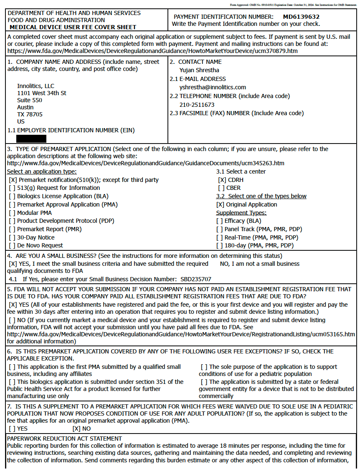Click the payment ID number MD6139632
(x=301, y=17)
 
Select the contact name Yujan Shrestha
(x=199, y=70)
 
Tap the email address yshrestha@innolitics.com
(x=213, y=87)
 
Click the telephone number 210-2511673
(x=197, y=105)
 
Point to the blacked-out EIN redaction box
(x=31, y=139)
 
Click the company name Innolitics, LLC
(x=35, y=86)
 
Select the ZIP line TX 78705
(x=30, y=114)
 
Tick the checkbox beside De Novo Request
(x=12, y=245)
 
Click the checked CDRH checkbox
(x=222, y=180)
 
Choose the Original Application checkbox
(x=220, y=204)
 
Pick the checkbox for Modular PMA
(x=12, y=213)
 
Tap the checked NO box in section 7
(x=76, y=429)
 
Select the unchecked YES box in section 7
(x=12, y=429)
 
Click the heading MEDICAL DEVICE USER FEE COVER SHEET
(x=73, y=27)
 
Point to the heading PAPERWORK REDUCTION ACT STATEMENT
(x=64, y=439)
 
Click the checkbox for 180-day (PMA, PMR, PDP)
(x=220, y=245)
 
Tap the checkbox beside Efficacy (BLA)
(x=220, y=221)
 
